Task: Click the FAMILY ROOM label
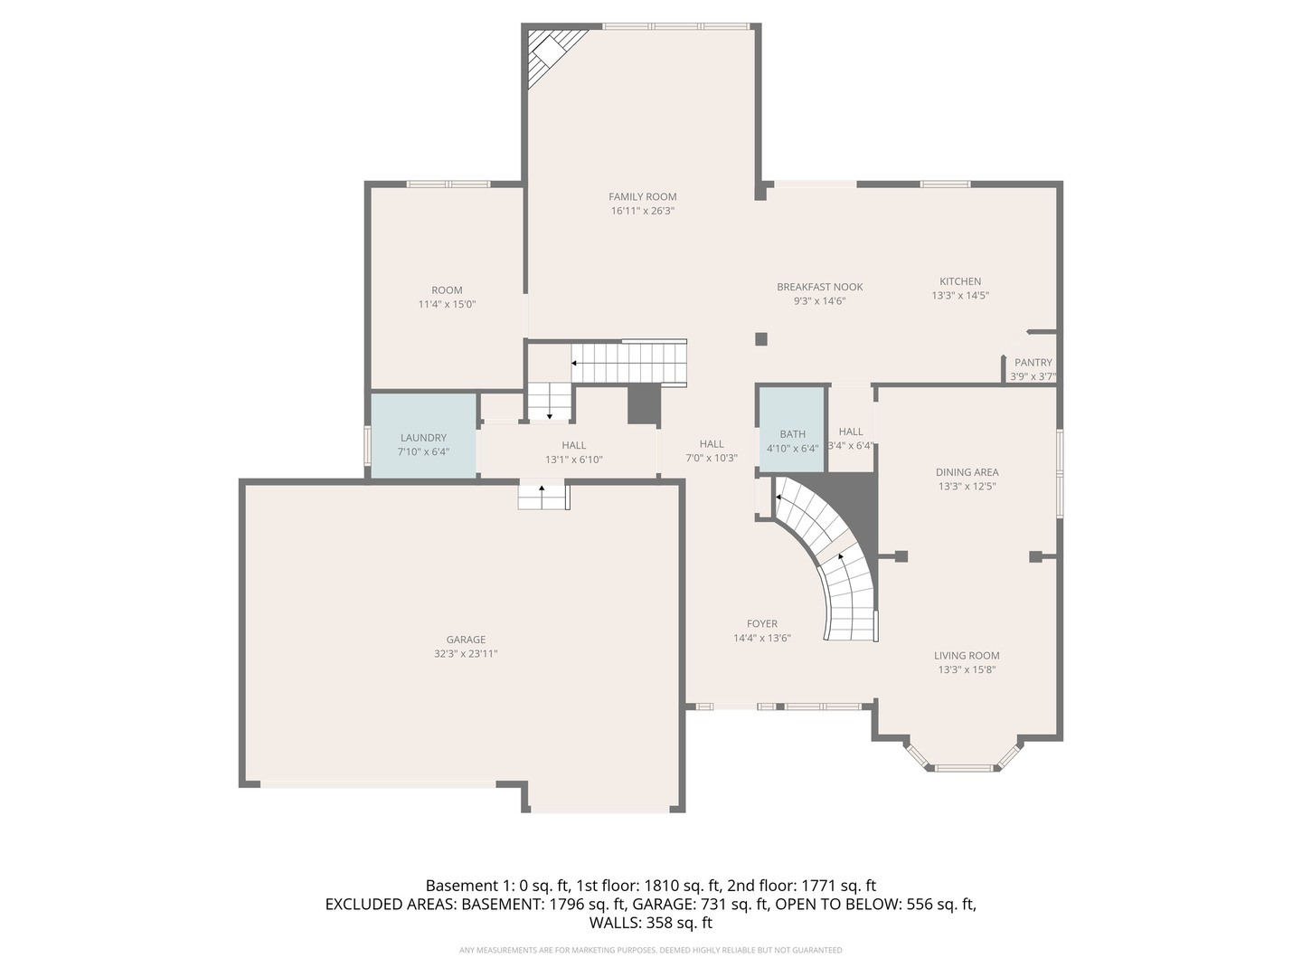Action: pos(642,196)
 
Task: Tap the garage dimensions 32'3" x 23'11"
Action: pos(466,653)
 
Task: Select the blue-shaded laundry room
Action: pos(423,436)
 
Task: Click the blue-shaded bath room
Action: pos(792,429)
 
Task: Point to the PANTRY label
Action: pos(1033,363)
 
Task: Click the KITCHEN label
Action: pos(960,281)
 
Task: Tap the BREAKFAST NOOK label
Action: pos(820,287)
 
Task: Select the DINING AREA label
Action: pos(967,472)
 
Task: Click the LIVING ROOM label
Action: pos(967,656)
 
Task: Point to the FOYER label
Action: pos(762,623)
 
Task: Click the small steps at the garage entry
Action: pos(542,497)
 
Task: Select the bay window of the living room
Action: pos(965,763)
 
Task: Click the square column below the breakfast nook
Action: pos(761,339)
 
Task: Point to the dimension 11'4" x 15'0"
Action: pos(447,305)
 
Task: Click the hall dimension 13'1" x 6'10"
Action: pos(573,460)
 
